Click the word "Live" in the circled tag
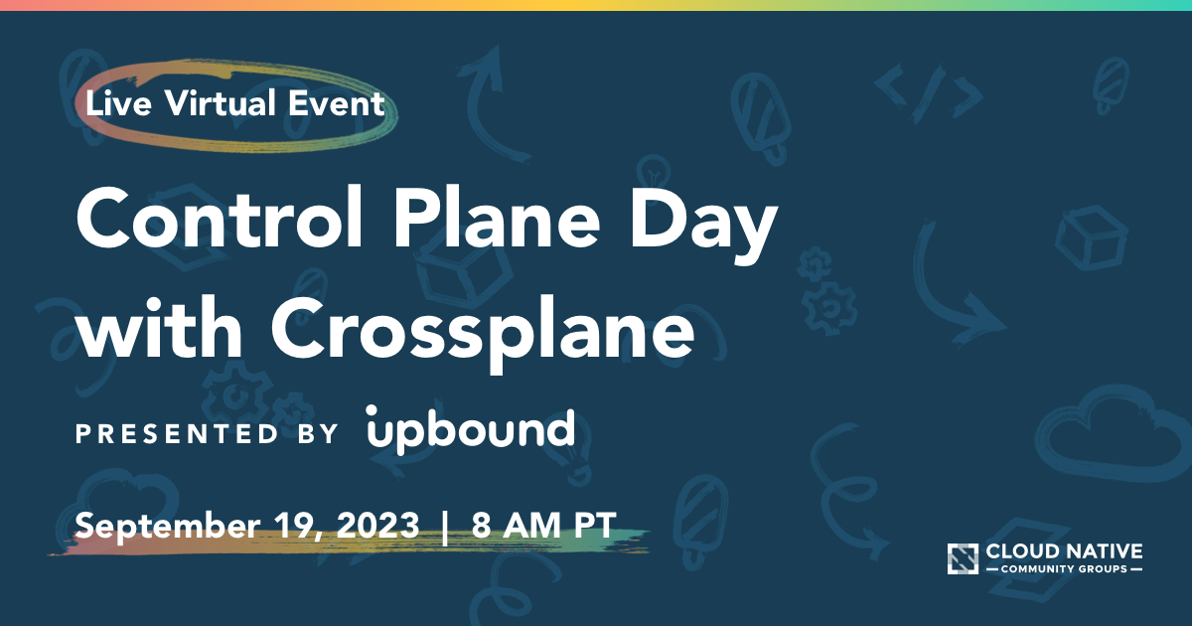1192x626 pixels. (x=118, y=103)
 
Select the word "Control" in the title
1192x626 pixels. (x=220, y=218)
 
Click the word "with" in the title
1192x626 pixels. (x=160, y=326)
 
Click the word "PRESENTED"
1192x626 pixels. (x=177, y=433)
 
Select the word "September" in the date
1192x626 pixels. (x=168, y=527)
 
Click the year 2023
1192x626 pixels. (x=378, y=526)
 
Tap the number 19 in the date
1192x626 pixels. (x=297, y=527)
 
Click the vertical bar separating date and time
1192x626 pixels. (x=445, y=527)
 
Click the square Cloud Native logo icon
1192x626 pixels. (x=963, y=558)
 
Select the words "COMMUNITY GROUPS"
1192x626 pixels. (x=1064, y=569)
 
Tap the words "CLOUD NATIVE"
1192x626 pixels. (x=1064, y=551)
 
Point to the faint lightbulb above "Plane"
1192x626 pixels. (x=654, y=171)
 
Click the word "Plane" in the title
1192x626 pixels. (x=497, y=218)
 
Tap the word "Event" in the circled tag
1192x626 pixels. (x=337, y=103)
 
